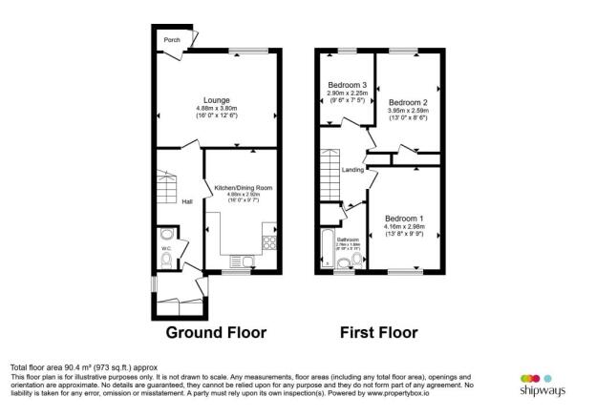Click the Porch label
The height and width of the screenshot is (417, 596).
pyautogui.click(x=172, y=40)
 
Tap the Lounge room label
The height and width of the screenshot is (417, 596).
pyautogui.click(x=216, y=99)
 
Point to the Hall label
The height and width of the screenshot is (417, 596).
pyautogui.click(x=188, y=200)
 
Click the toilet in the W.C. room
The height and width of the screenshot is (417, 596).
pyautogui.click(x=167, y=234)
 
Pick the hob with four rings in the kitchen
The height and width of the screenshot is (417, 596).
pyautogui.click(x=268, y=240)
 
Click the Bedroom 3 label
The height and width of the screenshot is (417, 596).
pyautogui.click(x=346, y=85)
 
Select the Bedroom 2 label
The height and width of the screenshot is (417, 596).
pyautogui.click(x=407, y=102)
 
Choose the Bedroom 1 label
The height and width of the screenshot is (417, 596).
pyautogui.click(x=406, y=219)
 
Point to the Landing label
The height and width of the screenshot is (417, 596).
pyautogui.click(x=354, y=170)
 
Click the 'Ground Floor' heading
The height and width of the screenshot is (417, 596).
pyautogui.click(x=216, y=333)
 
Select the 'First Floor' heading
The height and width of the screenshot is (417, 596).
pyautogui.click(x=378, y=333)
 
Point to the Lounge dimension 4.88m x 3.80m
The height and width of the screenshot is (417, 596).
pyautogui.click(x=216, y=108)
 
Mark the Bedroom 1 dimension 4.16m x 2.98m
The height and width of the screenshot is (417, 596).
pyautogui.click(x=406, y=227)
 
